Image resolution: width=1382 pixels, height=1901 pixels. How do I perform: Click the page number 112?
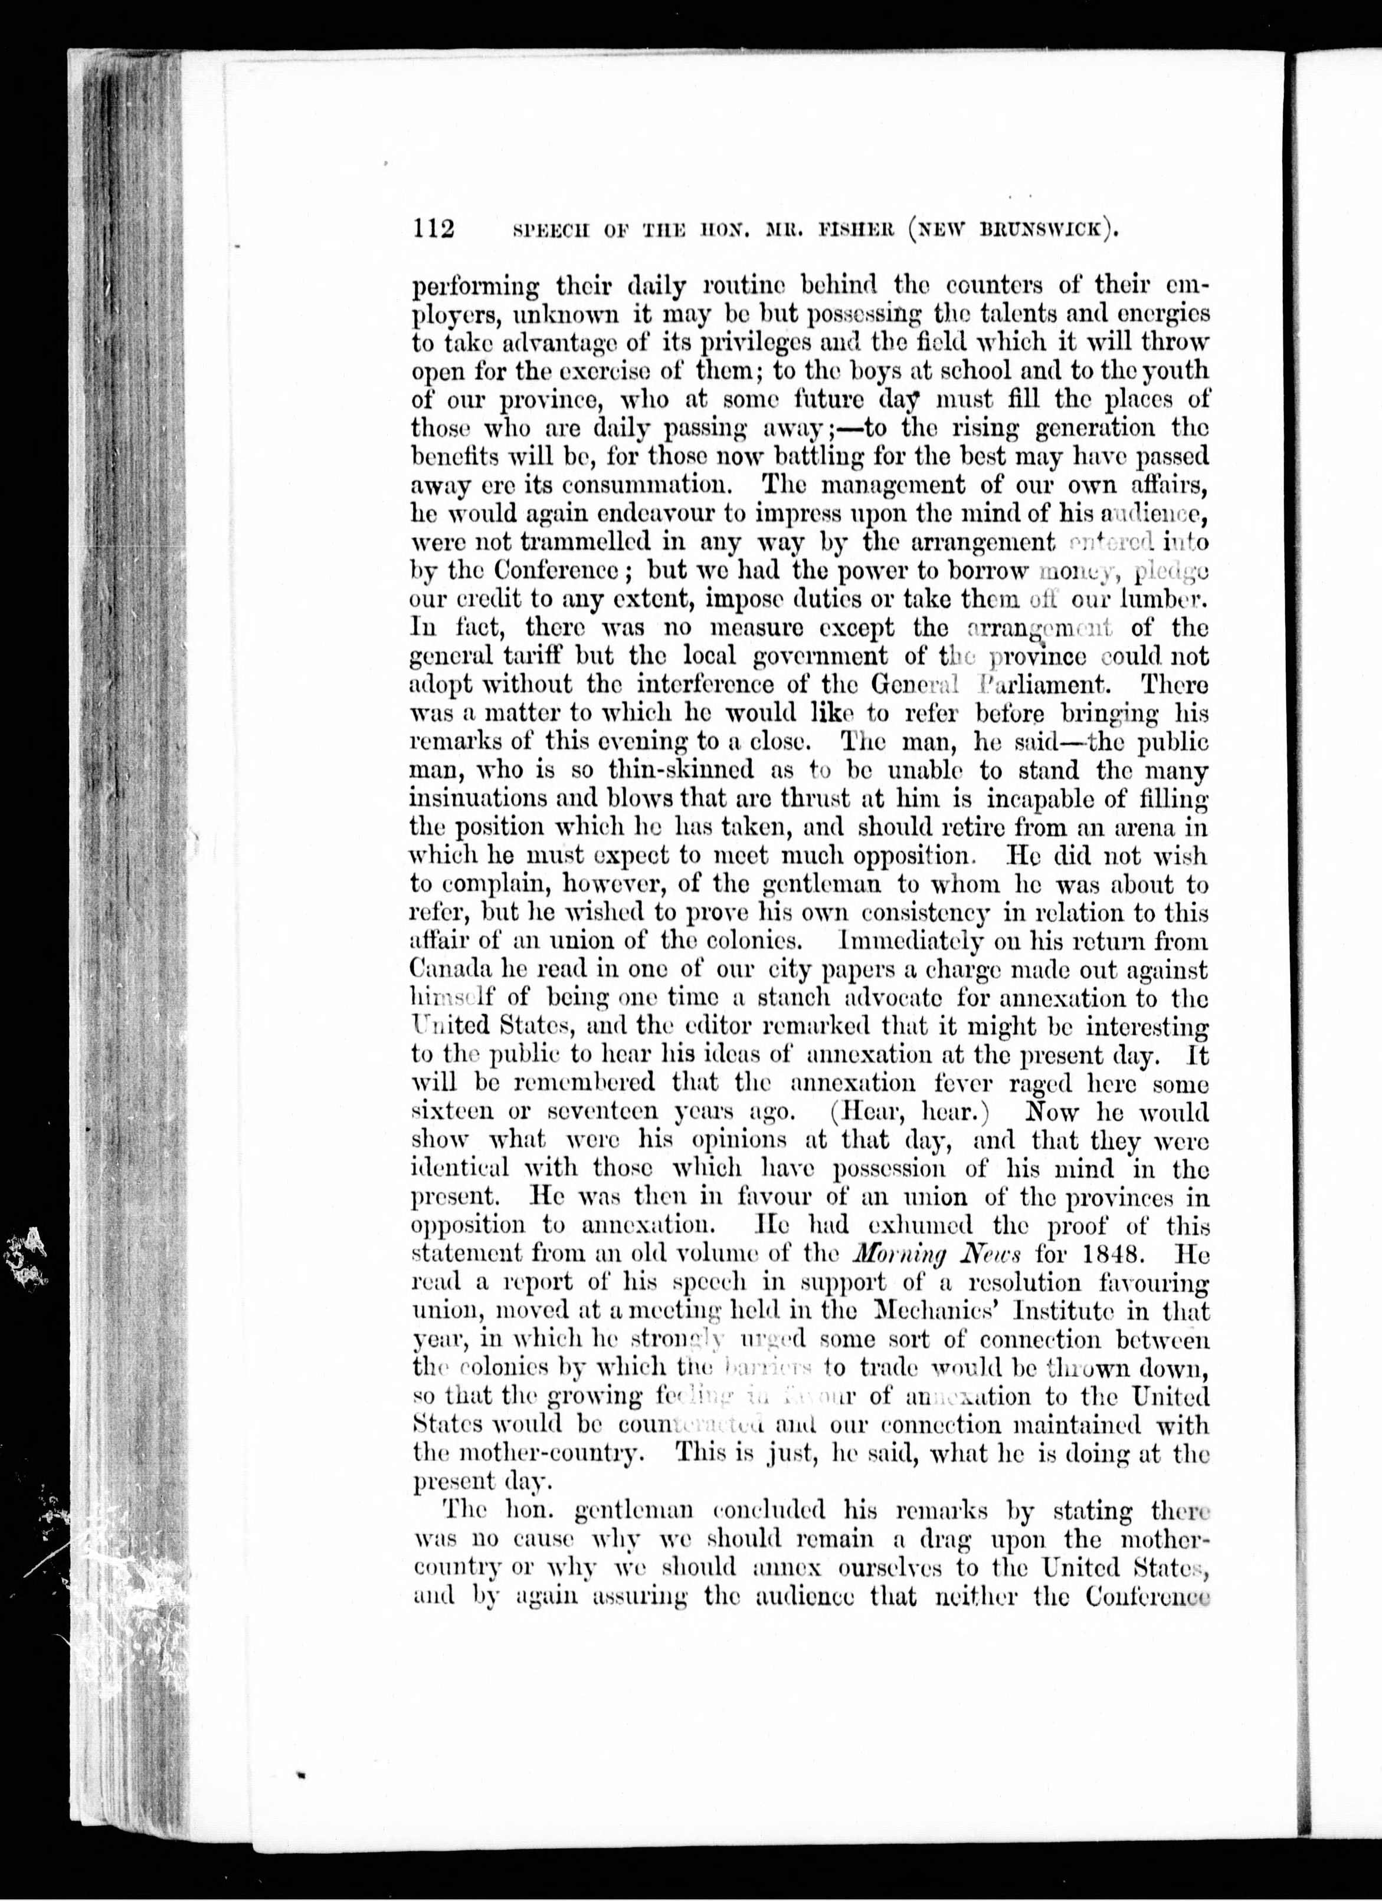[x=433, y=228]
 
